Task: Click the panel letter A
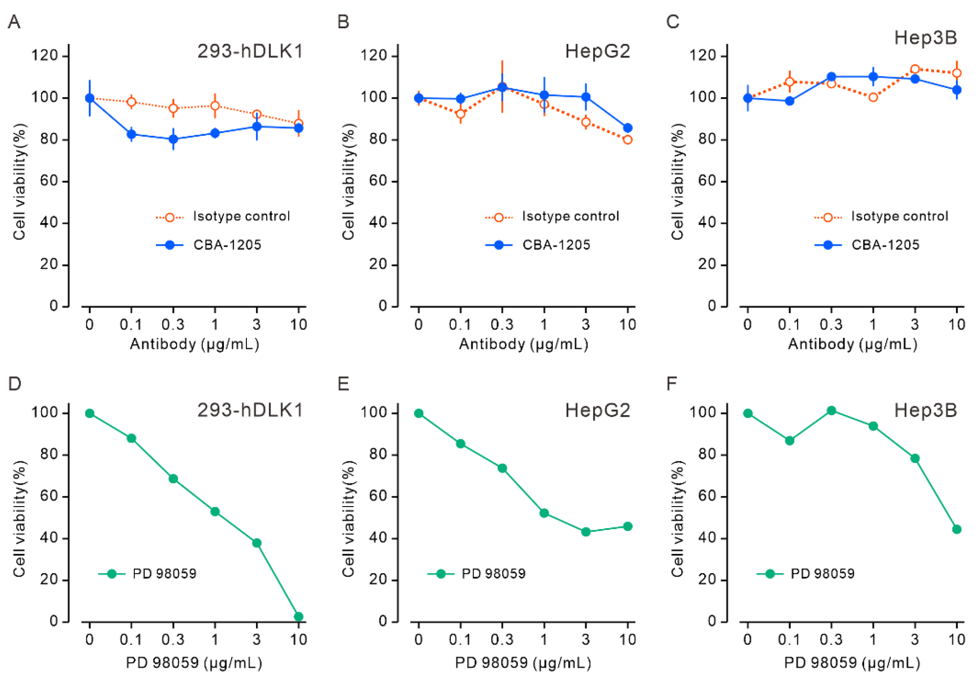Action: point(14,22)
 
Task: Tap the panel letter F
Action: point(672,384)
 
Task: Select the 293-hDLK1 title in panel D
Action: point(250,410)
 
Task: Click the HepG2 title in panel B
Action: point(597,52)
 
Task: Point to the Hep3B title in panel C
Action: point(925,38)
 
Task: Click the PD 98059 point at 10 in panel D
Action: point(298,617)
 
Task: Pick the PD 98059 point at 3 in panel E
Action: point(586,532)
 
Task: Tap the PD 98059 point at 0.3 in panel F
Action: point(831,411)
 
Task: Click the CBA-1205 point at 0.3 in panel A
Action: point(173,139)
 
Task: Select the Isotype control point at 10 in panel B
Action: point(627,140)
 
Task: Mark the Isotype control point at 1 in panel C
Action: point(873,98)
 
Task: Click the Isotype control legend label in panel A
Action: point(242,216)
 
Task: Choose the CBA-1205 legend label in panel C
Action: point(885,245)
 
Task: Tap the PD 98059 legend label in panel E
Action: point(493,574)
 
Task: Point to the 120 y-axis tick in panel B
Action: point(374,56)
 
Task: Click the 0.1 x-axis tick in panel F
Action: point(789,640)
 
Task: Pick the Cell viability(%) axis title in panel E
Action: point(348,519)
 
